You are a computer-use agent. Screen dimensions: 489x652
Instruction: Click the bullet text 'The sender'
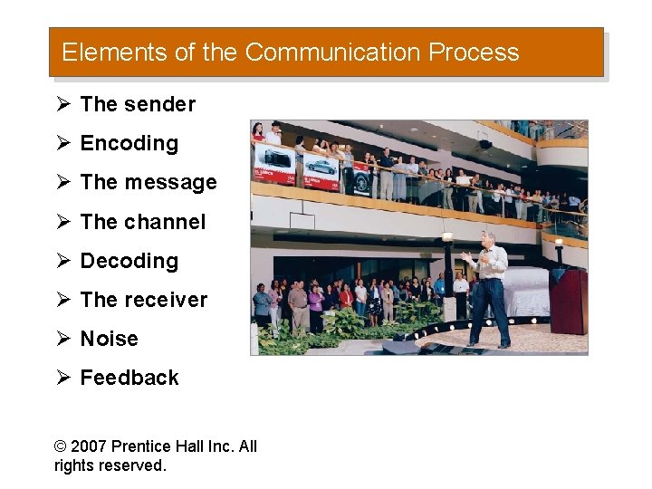pyautogui.click(x=138, y=104)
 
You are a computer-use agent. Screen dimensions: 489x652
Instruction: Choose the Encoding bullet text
pyautogui.click(x=129, y=143)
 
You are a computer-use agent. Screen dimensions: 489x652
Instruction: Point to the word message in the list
pyautogui.click(x=170, y=182)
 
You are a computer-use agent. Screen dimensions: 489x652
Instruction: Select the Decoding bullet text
pyautogui.click(x=129, y=261)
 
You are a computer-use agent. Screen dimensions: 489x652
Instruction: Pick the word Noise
pyautogui.click(x=110, y=339)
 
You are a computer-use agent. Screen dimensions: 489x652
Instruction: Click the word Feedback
pyautogui.click(x=129, y=378)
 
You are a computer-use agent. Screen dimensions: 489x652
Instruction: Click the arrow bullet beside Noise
pyautogui.click(x=62, y=339)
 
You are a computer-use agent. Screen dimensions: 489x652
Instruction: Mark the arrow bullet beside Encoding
pyautogui.click(x=62, y=143)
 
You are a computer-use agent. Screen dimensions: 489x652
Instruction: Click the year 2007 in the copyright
pyautogui.click(x=89, y=446)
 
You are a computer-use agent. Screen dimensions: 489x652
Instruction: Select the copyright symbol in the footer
pyautogui.click(x=61, y=446)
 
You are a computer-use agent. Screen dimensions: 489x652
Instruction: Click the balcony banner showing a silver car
pyautogui.click(x=321, y=168)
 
